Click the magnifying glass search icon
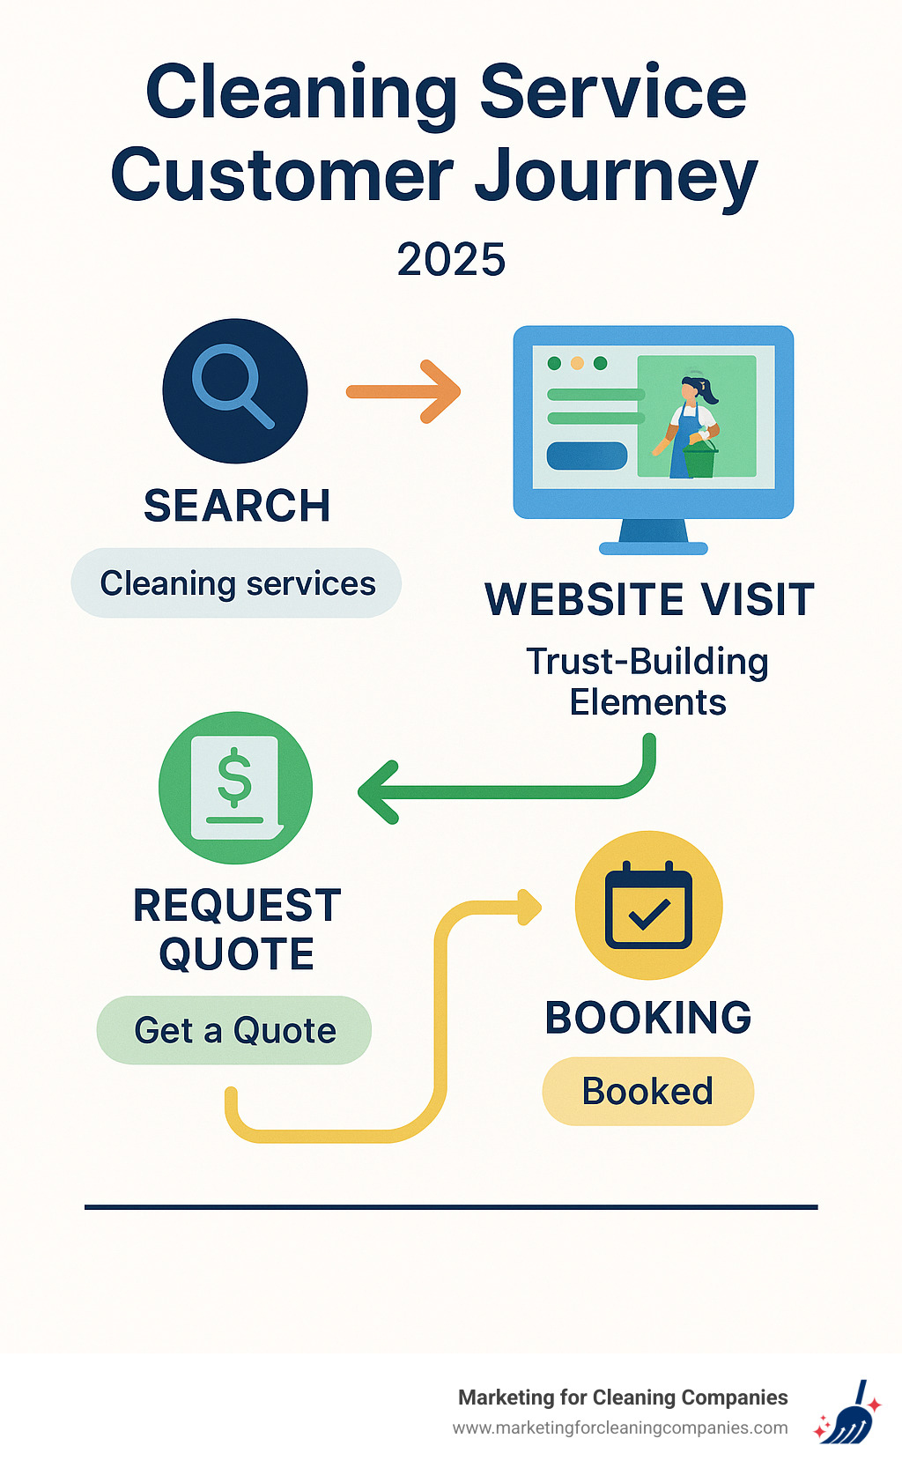[234, 390]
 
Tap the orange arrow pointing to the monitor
[404, 391]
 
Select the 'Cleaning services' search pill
[237, 583]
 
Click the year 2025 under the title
[451, 259]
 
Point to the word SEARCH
[237, 506]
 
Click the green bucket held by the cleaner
[699, 461]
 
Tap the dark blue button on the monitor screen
[587, 456]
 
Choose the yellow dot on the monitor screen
[577, 363]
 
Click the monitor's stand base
[653, 546]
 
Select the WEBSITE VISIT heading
[649, 600]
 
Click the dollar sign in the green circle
[234, 777]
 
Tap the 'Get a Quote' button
[234, 1030]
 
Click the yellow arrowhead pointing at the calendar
[529, 908]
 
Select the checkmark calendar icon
[648, 905]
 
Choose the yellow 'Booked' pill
[647, 1091]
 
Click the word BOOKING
[648, 1018]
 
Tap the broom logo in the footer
[847, 1412]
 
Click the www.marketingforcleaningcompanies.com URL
[620, 1427]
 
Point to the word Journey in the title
[616, 176]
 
